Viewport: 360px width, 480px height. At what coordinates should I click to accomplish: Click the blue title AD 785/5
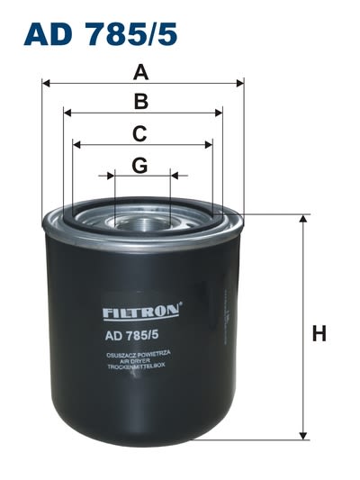tap(101, 33)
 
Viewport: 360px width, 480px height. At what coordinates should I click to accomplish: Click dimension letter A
tap(141, 73)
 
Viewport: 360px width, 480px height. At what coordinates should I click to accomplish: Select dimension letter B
tap(141, 102)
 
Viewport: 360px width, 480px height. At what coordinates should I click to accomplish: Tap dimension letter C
tap(139, 134)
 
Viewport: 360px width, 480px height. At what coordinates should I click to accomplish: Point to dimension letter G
tap(139, 166)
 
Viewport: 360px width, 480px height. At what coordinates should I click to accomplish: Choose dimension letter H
tap(319, 333)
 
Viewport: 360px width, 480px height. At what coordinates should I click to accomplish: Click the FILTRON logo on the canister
tap(141, 312)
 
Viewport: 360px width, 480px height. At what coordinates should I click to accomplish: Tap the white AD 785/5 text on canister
tap(131, 336)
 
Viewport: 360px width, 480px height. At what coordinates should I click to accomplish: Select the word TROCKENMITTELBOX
tap(136, 366)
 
